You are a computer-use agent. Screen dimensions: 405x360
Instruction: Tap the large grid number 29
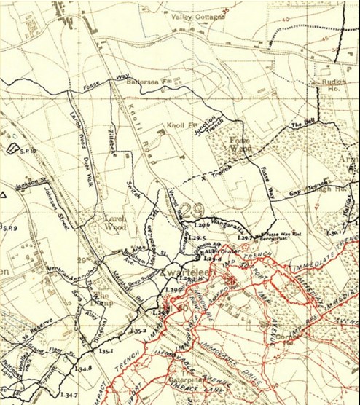click(192, 211)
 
